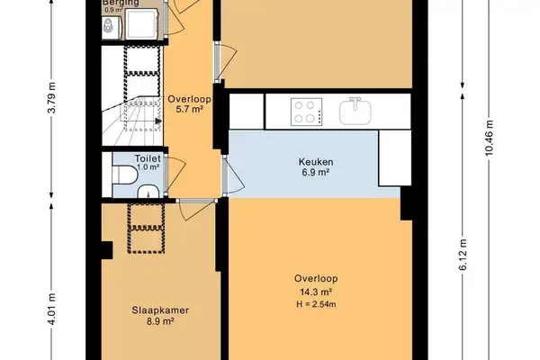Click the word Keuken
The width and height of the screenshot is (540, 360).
[315, 163]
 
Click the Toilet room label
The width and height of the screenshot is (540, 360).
[148, 157]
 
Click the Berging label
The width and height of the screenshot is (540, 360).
[119, 4]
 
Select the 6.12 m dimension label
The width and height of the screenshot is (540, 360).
[463, 256]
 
